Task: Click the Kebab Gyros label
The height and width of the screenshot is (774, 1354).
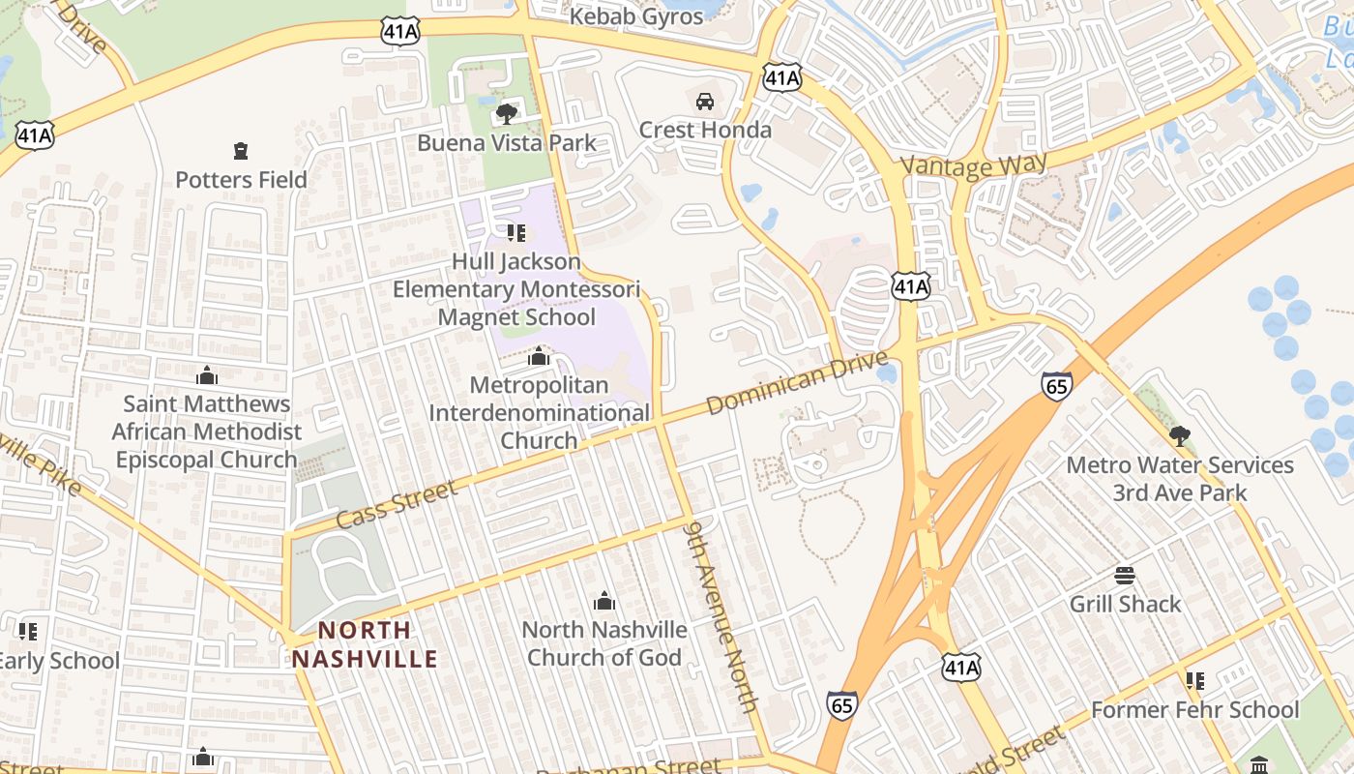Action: (635, 16)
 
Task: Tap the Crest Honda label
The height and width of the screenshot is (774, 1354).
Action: (705, 130)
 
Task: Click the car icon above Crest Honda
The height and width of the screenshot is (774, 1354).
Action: (705, 102)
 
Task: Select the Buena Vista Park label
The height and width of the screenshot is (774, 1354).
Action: (507, 143)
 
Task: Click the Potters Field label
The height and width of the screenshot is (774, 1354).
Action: (241, 179)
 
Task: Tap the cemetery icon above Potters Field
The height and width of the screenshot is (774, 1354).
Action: (241, 151)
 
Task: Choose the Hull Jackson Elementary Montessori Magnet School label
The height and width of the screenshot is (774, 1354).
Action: (516, 289)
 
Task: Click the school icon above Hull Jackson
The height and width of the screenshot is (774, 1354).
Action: (516, 233)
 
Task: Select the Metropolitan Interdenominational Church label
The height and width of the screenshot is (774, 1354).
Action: (539, 413)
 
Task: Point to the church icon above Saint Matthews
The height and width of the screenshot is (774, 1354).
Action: (206, 375)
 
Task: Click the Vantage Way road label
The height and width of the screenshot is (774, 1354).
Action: (974, 164)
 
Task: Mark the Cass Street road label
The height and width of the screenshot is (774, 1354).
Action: (397, 505)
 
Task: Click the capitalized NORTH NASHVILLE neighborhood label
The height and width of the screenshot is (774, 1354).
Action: (365, 644)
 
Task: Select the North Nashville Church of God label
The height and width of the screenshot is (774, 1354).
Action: (604, 643)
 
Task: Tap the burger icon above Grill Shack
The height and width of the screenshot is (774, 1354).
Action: (1125, 576)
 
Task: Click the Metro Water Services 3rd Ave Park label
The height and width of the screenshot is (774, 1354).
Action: (1179, 479)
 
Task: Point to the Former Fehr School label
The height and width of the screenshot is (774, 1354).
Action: (1194, 710)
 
